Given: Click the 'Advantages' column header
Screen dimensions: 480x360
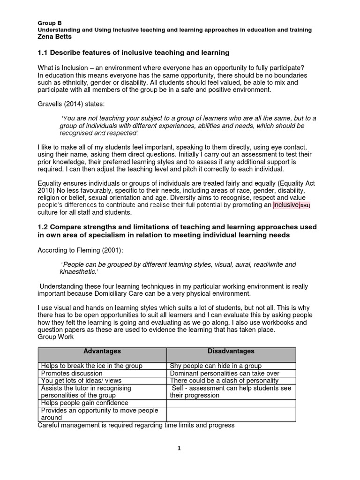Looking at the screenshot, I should point(102,351).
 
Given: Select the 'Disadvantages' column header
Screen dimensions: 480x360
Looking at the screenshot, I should point(231,351).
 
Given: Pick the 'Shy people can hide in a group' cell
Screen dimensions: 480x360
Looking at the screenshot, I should point(216,366).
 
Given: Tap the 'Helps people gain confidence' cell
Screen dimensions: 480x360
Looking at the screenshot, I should point(84,403).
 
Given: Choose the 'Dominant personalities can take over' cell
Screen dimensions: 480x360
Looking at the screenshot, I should point(225,374).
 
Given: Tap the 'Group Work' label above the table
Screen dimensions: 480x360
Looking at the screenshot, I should point(53,337).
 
